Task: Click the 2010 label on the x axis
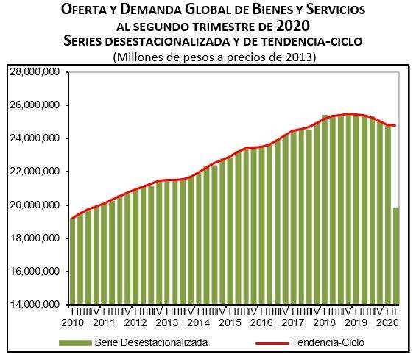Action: coord(72,322)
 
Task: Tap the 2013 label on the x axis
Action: coord(167,322)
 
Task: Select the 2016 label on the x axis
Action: coord(262,322)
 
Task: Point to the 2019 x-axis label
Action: coord(356,322)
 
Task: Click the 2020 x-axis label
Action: coord(387,322)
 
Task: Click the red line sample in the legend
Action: coord(272,342)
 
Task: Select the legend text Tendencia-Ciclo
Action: coord(328,342)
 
